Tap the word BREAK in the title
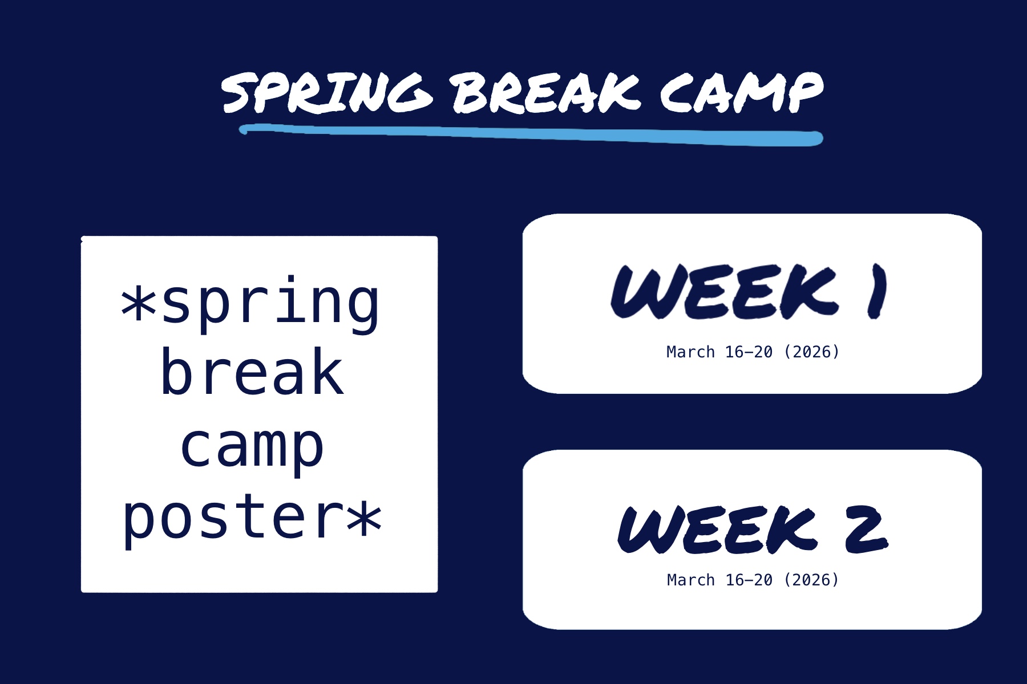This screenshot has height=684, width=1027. [x=547, y=92]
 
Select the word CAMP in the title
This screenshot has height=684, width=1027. [x=742, y=92]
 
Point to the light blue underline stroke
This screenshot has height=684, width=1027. [x=531, y=135]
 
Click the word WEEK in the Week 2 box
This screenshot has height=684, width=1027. [x=718, y=530]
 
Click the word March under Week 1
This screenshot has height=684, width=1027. [x=690, y=352]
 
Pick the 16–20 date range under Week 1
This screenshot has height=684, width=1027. [x=749, y=352]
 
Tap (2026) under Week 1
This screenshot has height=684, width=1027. [x=811, y=352]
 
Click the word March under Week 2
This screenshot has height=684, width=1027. [x=690, y=580]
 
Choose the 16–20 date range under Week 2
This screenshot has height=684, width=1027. [x=749, y=580]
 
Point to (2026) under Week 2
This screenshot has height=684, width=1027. [x=811, y=580]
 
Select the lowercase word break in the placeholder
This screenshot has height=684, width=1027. [x=252, y=373]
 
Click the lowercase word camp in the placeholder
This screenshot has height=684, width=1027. [x=252, y=447]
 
